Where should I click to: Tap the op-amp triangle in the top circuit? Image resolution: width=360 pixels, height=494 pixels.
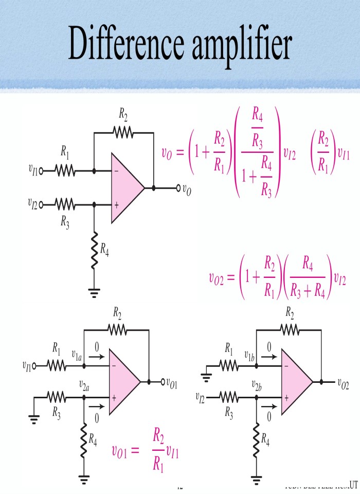126,188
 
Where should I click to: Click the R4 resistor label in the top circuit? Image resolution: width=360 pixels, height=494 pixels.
104,250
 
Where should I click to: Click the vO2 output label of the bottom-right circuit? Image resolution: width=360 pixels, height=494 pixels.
344,382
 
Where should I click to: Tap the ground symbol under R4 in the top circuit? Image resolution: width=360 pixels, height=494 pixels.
94,293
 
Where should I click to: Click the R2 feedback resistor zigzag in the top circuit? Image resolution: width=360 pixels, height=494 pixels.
123,132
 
